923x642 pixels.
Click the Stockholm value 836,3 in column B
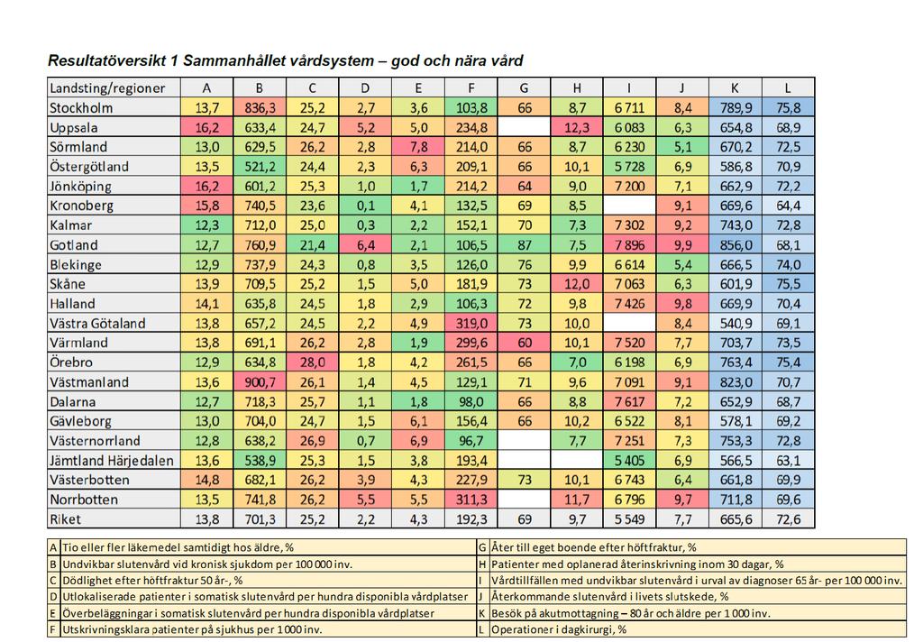[260, 108]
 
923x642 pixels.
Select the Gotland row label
[74, 245]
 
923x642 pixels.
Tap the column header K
[736, 88]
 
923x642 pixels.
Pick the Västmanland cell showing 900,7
[260, 382]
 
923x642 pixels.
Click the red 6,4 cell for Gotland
[366, 245]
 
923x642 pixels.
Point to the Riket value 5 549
[629, 519]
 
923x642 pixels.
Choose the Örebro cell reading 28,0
[313, 362]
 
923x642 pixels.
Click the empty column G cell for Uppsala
[524, 128]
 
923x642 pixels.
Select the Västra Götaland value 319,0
[471, 324]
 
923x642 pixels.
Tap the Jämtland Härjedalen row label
[111, 461]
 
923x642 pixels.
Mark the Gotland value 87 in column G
[524, 245]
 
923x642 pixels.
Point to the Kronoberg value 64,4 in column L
[788, 206]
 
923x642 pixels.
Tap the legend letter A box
[53, 547]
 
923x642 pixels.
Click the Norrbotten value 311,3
[471, 500]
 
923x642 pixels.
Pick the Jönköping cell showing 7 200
[629, 187]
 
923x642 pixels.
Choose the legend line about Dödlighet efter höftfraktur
[152, 581]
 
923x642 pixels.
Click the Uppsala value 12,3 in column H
[577, 128]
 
